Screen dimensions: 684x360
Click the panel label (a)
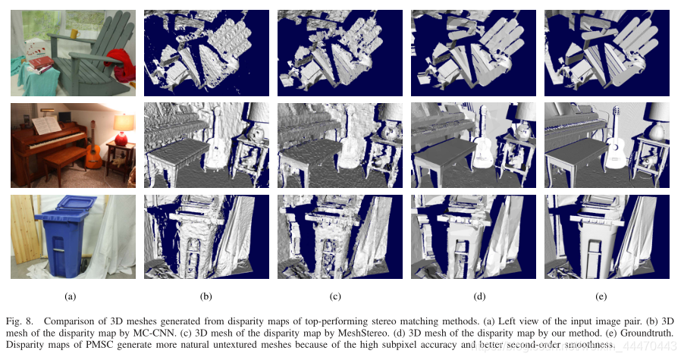point(71,297)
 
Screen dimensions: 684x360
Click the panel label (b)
point(206,297)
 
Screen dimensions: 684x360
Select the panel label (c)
point(336,297)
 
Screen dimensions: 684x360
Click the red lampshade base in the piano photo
point(121,139)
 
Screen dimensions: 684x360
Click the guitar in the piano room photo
point(93,156)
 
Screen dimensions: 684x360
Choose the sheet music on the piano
point(47,124)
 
